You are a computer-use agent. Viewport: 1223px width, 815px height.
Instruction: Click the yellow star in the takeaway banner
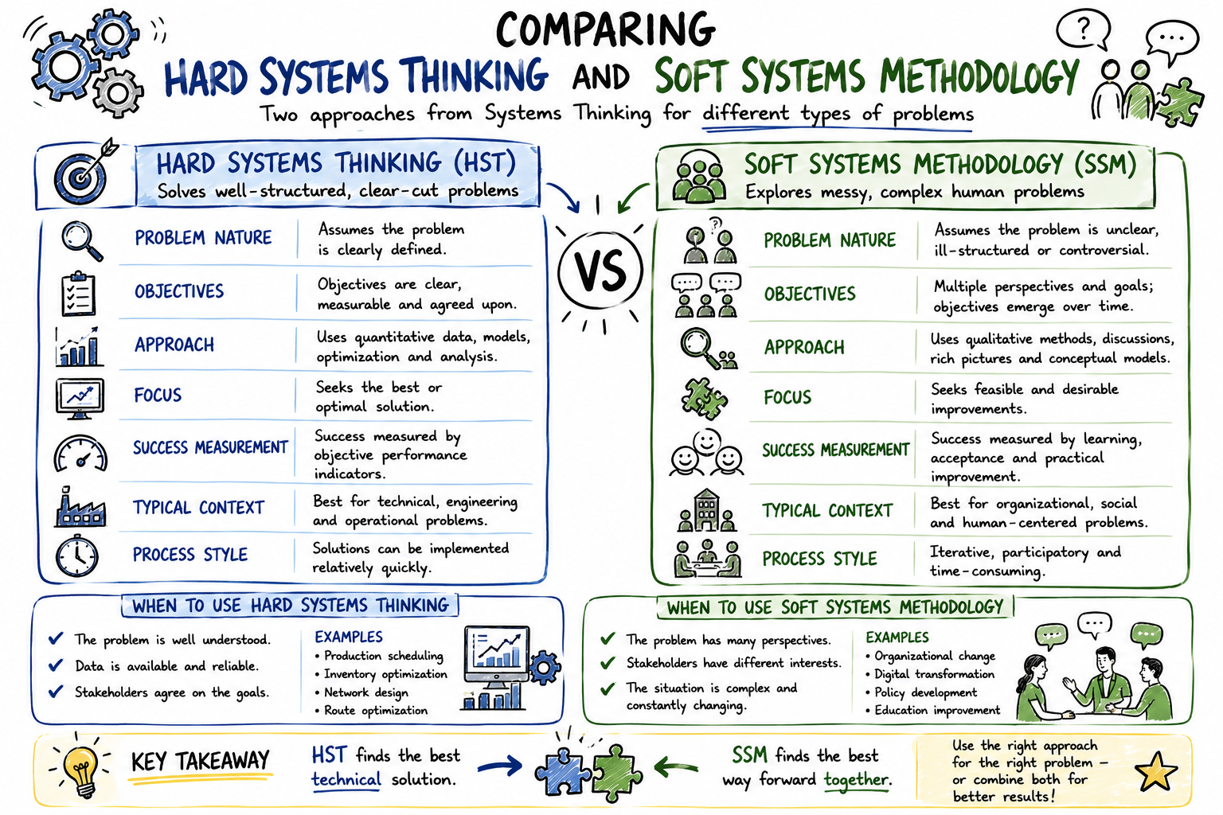click(x=1155, y=771)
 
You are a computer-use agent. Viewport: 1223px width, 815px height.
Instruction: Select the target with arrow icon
click(x=83, y=173)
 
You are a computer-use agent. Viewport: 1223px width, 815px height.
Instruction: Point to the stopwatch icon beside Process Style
click(x=77, y=556)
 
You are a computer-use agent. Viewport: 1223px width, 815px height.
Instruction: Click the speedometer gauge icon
click(x=80, y=453)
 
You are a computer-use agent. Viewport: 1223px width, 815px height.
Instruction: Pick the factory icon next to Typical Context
click(x=80, y=508)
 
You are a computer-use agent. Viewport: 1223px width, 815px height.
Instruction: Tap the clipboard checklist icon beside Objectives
click(x=79, y=294)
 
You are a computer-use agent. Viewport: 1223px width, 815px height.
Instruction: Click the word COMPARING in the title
click(x=605, y=30)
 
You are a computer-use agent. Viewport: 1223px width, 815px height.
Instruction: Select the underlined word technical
click(x=346, y=779)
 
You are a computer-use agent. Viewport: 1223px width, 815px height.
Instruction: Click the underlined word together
click(x=858, y=779)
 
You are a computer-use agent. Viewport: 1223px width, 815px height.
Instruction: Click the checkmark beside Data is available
click(x=56, y=665)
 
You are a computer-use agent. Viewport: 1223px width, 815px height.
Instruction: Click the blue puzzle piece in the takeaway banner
click(x=562, y=771)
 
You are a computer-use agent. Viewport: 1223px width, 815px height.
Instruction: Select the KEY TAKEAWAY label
click(x=201, y=761)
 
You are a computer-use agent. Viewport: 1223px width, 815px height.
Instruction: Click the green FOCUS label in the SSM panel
click(x=787, y=397)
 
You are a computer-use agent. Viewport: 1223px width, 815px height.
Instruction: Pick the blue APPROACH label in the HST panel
click(x=174, y=345)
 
